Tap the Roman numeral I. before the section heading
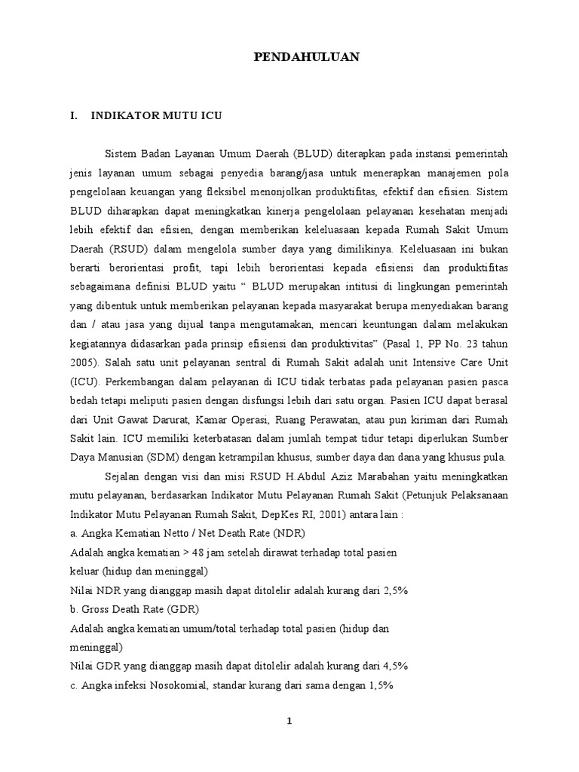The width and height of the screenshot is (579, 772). point(73,117)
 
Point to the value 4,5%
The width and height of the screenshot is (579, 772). point(392,666)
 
